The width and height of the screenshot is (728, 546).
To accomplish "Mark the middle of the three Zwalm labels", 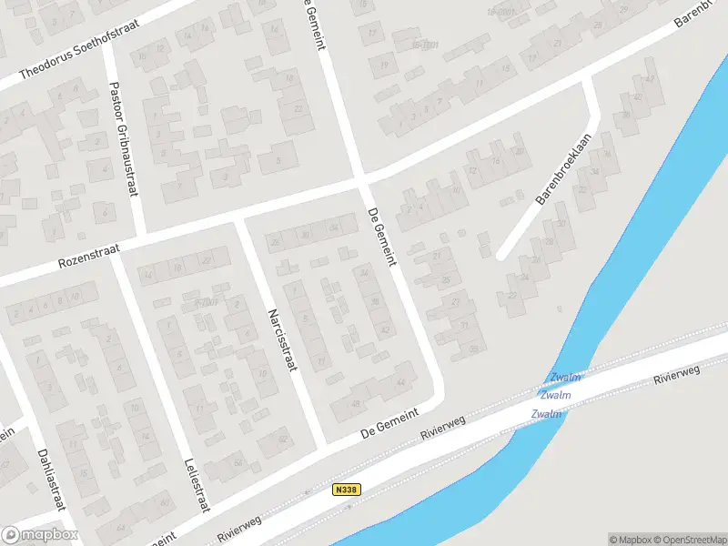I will tap(555, 395).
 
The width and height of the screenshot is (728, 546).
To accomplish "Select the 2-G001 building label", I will tap(208, 303).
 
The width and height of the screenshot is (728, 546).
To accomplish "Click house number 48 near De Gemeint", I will tap(356, 403).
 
